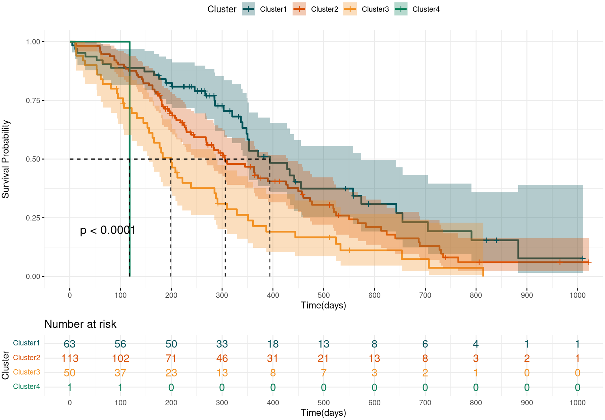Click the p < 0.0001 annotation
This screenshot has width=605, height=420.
pos(108,230)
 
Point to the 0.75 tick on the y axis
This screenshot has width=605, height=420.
pos(33,100)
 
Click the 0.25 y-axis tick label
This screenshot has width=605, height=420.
pos(33,218)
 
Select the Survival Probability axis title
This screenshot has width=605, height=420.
pos(6,159)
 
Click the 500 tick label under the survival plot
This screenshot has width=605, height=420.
pos(323,295)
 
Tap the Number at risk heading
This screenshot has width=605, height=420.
pos(80,324)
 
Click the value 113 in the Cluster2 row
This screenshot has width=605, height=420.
pos(70,358)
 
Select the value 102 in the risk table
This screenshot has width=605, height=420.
pos(120,358)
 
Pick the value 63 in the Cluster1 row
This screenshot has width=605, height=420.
pos(70,344)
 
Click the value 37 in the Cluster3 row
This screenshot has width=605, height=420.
pos(120,373)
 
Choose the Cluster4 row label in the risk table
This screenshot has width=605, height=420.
pos(27,386)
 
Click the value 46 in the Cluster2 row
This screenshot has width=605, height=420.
pos(222,358)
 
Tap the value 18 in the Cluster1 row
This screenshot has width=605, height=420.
pos(273,344)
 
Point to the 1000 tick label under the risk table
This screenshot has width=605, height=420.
pos(577,403)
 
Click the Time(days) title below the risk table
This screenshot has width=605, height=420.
pos(323,413)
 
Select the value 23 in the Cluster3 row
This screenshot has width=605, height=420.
pos(171,373)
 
